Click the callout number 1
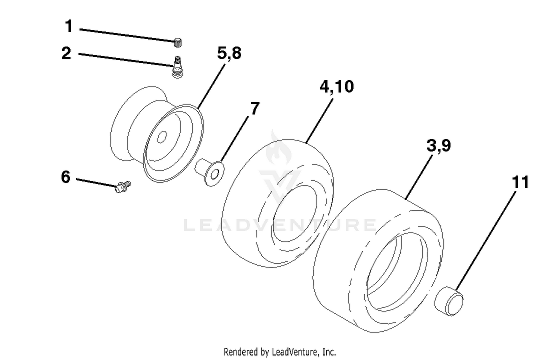(69, 26)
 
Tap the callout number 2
(66, 53)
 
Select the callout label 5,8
(229, 53)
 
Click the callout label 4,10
(337, 87)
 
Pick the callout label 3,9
(439, 146)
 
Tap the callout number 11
(520, 182)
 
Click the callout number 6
(66, 177)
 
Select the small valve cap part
(178, 43)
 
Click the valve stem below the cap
(177, 67)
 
